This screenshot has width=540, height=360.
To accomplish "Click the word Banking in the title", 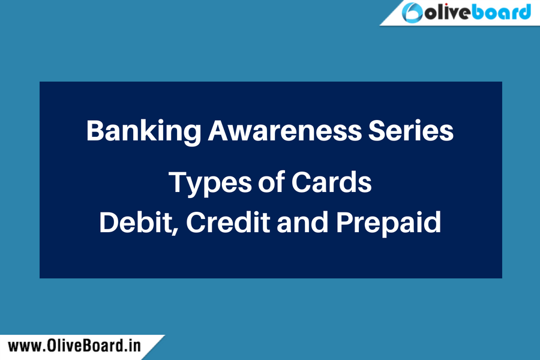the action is (x=143, y=132).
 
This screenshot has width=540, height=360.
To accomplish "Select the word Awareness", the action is (x=285, y=131).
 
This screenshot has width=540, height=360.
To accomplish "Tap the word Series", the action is (x=411, y=131).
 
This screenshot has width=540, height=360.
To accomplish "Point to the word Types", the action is (x=210, y=184).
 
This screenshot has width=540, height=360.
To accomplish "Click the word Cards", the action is (x=331, y=182).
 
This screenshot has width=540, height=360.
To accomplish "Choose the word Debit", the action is (x=136, y=223).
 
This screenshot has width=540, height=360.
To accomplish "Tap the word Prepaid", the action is (x=388, y=224).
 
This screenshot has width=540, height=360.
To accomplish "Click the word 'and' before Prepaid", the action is (x=303, y=222).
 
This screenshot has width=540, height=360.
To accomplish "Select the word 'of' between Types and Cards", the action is (x=271, y=182).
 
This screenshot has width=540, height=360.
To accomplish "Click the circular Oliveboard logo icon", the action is (x=412, y=13).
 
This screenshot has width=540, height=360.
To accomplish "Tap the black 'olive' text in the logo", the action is (x=448, y=13).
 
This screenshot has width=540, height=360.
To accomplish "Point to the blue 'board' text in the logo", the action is (x=501, y=12).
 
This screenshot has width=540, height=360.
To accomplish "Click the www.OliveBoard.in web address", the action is (x=74, y=346).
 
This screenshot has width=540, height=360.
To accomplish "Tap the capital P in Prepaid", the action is (x=346, y=222).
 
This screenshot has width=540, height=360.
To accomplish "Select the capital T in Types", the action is (x=178, y=182).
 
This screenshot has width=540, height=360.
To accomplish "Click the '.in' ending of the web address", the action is (x=131, y=346).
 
